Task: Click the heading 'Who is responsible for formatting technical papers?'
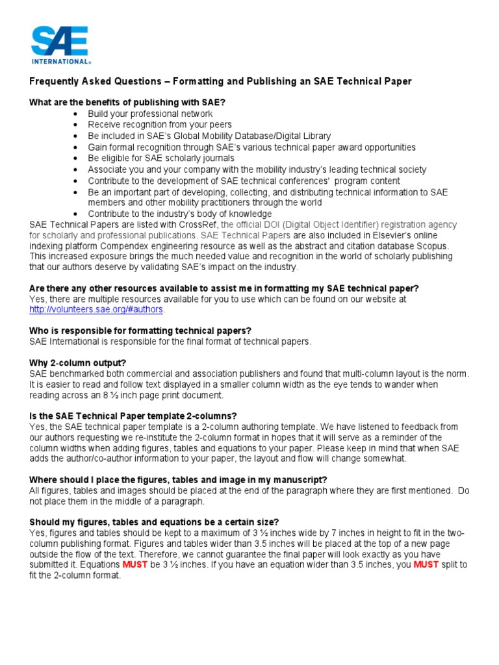pyautogui.click(x=140, y=331)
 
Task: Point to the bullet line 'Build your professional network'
pyautogui.click(x=150, y=114)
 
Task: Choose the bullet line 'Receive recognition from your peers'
pyautogui.click(x=160, y=125)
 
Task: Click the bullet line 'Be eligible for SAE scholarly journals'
pyautogui.click(x=161, y=158)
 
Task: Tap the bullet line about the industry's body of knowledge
pyautogui.click(x=180, y=214)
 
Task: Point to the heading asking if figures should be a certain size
pyautogui.click(x=154, y=522)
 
